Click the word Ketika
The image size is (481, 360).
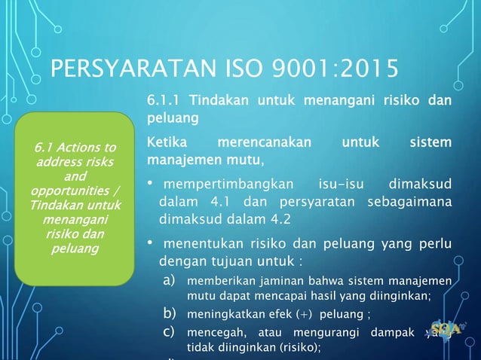(x=164, y=142)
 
